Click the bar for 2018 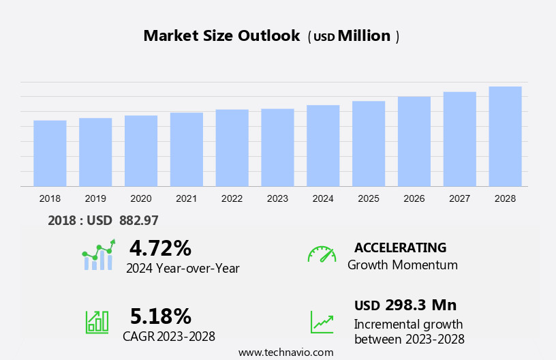(50, 153)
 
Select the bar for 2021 (187, 149)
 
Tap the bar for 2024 (323, 146)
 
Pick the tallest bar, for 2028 (505, 136)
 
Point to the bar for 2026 (414, 141)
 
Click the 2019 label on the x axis (95, 198)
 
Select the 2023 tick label (277, 198)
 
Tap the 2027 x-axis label (459, 198)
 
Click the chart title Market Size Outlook (221, 36)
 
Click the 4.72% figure (160, 247)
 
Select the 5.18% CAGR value (160, 316)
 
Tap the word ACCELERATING (400, 247)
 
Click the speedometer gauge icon (322, 254)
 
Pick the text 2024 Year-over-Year (183, 268)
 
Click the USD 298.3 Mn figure (405, 305)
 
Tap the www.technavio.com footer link (285, 352)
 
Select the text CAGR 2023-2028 (169, 336)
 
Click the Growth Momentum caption (402, 265)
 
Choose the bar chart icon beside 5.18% (97, 321)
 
